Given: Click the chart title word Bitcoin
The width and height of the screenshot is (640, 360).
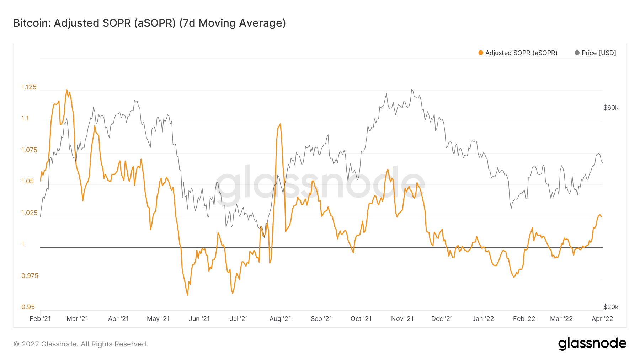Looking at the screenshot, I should pyautogui.click(x=31, y=23).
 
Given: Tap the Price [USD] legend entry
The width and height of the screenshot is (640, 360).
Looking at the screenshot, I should pyautogui.click(x=596, y=53).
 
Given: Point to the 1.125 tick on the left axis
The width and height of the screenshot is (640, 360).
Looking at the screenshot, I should pyautogui.click(x=29, y=87).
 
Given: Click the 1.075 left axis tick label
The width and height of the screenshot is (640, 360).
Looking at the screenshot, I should pyautogui.click(x=29, y=150).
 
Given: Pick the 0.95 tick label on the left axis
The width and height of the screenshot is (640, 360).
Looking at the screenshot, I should pyautogui.click(x=28, y=307).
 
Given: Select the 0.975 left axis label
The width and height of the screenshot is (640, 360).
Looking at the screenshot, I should pyautogui.click(x=30, y=276).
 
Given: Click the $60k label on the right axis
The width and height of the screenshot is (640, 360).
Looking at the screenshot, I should pyautogui.click(x=611, y=108).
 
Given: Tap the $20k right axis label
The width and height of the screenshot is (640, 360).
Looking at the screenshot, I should pyautogui.click(x=611, y=307).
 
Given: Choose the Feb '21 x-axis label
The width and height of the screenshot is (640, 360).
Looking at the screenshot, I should pyautogui.click(x=40, y=319).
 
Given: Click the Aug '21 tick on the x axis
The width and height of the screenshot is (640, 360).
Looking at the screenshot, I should pyautogui.click(x=280, y=319).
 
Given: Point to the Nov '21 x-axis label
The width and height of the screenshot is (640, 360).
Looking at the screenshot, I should pyautogui.click(x=402, y=319).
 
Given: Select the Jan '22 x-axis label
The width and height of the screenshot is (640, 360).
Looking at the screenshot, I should pyautogui.click(x=483, y=319).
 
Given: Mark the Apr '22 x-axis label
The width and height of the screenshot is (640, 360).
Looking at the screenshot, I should pyautogui.click(x=602, y=319).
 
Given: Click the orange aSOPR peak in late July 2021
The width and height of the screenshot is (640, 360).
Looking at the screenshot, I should pyautogui.click(x=280, y=124).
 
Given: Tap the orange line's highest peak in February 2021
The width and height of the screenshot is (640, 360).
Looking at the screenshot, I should pyautogui.click(x=66, y=90).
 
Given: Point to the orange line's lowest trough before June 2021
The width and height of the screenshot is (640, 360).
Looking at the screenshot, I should pyautogui.click(x=187, y=295).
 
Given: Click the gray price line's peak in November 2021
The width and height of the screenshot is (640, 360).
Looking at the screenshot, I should pyautogui.click(x=412, y=90).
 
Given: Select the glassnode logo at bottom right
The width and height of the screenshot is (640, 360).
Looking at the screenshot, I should pyautogui.click(x=592, y=344).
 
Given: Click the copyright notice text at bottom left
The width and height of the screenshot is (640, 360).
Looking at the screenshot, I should pyautogui.click(x=81, y=344).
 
